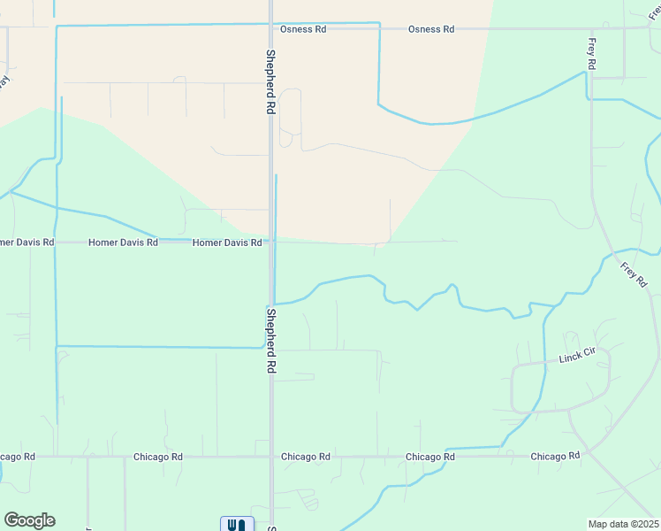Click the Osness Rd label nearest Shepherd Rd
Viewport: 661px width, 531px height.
click(x=303, y=29)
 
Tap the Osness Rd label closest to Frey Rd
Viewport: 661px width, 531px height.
click(x=431, y=29)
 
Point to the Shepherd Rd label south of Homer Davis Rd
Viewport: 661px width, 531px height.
click(x=271, y=340)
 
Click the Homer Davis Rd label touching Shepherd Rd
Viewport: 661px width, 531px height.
click(x=227, y=242)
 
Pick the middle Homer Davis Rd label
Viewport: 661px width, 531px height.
click(x=123, y=242)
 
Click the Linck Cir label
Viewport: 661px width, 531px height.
click(x=579, y=356)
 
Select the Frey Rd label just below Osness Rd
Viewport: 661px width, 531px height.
click(x=591, y=55)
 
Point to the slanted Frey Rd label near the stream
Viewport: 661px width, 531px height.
click(x=634, y=274)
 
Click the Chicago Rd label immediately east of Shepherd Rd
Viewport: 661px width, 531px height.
click(x=306, y=457)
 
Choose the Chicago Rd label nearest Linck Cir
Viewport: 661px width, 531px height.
click(x=555, y=456)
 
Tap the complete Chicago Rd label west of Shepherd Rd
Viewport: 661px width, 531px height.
click(x=158, y=457)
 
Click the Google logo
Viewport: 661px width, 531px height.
click(x=29, y=520)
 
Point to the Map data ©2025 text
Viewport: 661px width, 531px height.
click(x=622, y=524)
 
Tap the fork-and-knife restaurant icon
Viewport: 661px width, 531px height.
click(x=237, y=524)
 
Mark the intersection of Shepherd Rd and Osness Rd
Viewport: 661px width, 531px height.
click(x=270, y=29)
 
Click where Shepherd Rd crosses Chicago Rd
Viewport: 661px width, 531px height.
click(x=271, y=457)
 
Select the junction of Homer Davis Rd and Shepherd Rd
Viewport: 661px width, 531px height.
click(x=270, y=241)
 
